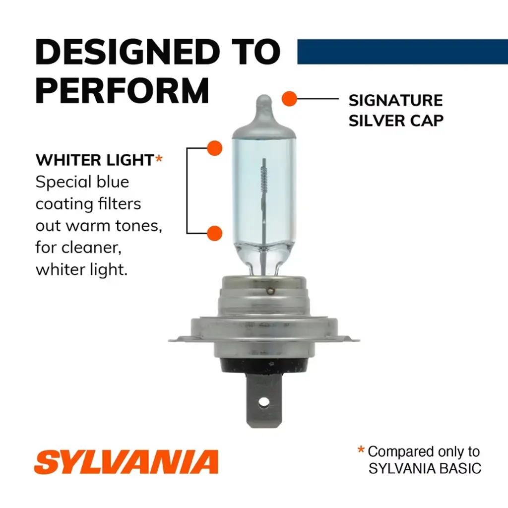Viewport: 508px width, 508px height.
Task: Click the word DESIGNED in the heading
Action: (127, 52)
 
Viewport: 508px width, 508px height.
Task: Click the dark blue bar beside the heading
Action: (402, 52)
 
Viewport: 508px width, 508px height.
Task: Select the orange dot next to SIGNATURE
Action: (289, 99)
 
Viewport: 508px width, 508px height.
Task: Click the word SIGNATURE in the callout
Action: (395, 100)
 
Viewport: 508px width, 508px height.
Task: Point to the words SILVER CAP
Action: (396, 121)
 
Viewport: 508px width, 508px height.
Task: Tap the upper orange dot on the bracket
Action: (214, 148)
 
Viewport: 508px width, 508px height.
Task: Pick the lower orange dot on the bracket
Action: (214, 233)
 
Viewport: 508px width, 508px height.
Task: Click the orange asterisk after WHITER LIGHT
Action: (159, 158)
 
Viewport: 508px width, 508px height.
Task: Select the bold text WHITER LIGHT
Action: (95, 160)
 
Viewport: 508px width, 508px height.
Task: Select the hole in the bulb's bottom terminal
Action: (264, 403)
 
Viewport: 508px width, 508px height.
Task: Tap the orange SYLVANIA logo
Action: (127, 462)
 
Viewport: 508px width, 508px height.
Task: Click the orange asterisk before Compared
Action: (361, 449)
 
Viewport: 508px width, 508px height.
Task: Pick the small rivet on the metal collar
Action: (269, 291)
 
